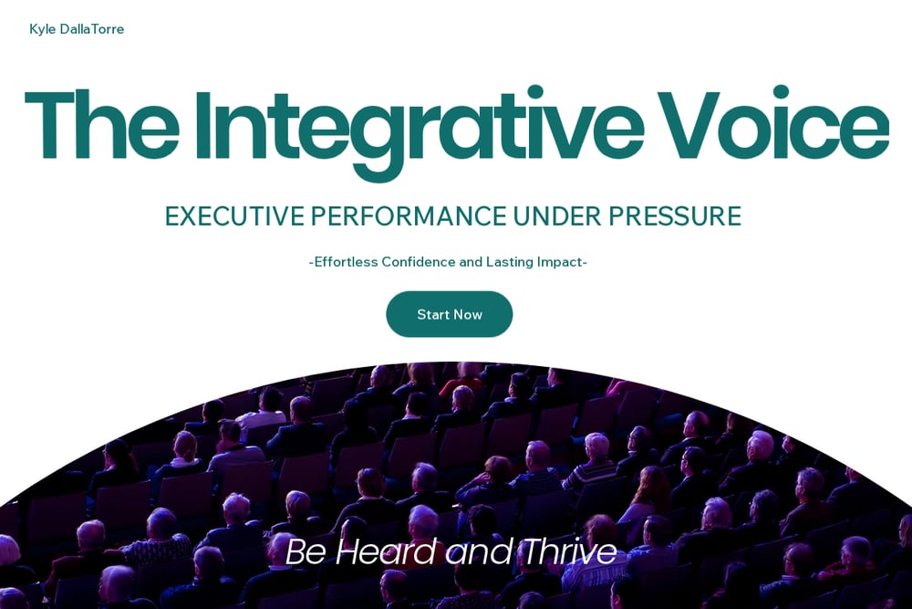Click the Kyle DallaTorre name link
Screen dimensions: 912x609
pyautogui.click(x=77, y=29)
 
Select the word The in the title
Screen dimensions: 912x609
pyautogui.click(x=101, y=124)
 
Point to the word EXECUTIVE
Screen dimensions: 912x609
pyautogui.click(x=234, y=216)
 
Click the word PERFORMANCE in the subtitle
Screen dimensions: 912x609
pyautogui.click(x=409, y=216)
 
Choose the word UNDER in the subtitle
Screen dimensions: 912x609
pyautogui.click(x=557, y=216)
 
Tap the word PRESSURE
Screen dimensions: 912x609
pyautogui.click(x=675, y=216)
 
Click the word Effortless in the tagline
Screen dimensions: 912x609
pyautogui.click(x=346, y=262)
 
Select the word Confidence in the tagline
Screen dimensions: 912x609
pyautogui.click(x=419, y=262)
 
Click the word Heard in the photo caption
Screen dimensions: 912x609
pyautogui.click(x=387, y=551)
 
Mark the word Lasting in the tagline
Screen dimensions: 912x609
pyautogui.click(x=510, y=263)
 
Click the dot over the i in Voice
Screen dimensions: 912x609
pyautogui.click(x=781, y=92)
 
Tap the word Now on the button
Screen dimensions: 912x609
pyautogui.click(x=468, y=315)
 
